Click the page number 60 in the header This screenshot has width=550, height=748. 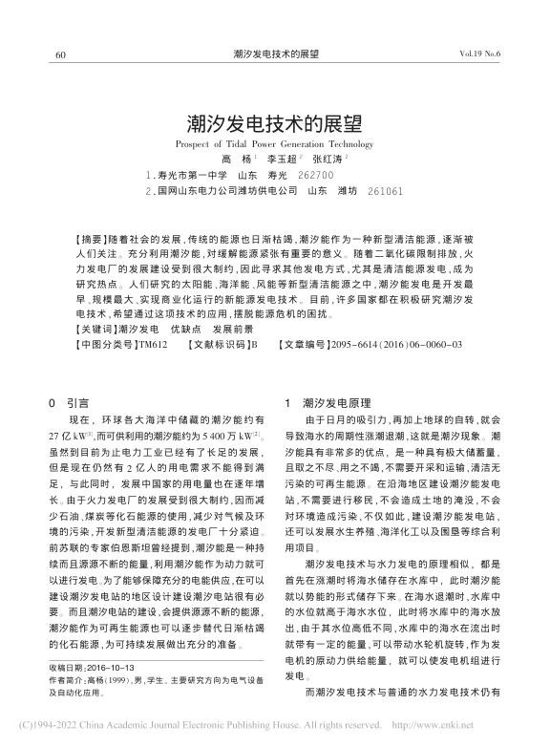click(x=60, y=54)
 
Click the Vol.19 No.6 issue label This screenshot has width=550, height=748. click(x=480, y=54)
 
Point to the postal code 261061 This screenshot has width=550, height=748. click(x=385, y=191)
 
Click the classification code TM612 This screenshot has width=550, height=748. click(x=153, y=343)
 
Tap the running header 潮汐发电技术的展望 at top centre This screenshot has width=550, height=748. click(x=276, y=54)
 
